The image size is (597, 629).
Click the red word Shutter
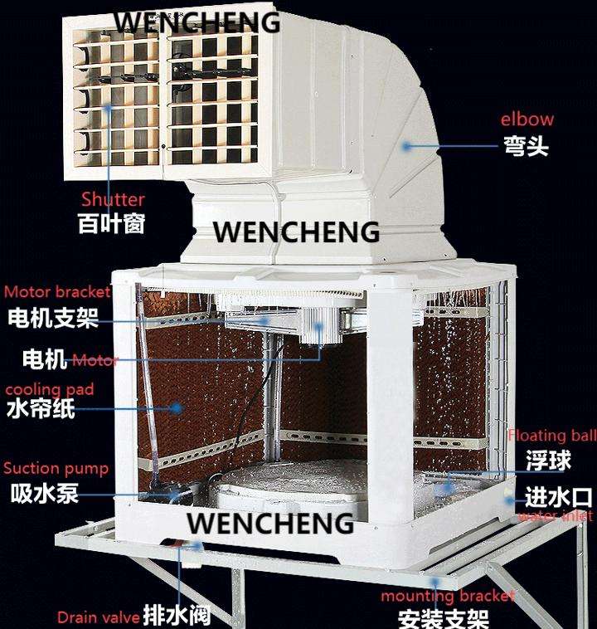pyautogui.click(x=113, y=199)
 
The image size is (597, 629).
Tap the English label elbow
pyautogui.click(x=527, y=119)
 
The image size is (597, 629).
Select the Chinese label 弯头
pyautogui.click(x=526, y=147)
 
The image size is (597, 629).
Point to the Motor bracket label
pyautogui.click(x=57, y=292)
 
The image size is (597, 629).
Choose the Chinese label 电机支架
pyautogui.click(x=52, y=317)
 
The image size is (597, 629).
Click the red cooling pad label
pyautogui.click(x=50, y=388)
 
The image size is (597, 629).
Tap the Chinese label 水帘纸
pyautogui.click(x=41, y=409)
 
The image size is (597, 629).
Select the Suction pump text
pyautogui.click(x=56, y=468)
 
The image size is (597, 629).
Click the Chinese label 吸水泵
pyautogui.click(x=45, y=493)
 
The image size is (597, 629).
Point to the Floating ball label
pyautogui.click(x=551, y=436)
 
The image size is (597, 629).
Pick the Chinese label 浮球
pyautogui.click(x=547, y=459)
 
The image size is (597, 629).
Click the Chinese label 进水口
pyautogui.click(x=559, y=498)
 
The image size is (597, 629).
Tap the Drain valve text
pyautogui.click(x=98, y=617)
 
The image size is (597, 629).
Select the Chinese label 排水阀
pyautogui.click(x=176, y=616)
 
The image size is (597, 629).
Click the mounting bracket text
pyautogui.click(x=448, y=596)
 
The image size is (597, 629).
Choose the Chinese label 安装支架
pyautogui.click(x=444, y=618)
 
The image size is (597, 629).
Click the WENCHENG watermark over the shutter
pyautogui.click(x=197, y=22)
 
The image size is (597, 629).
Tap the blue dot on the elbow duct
pyautogui.click(x=406, y=146)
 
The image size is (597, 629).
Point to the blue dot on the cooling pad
pyautogui.click(x=177, y=407)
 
